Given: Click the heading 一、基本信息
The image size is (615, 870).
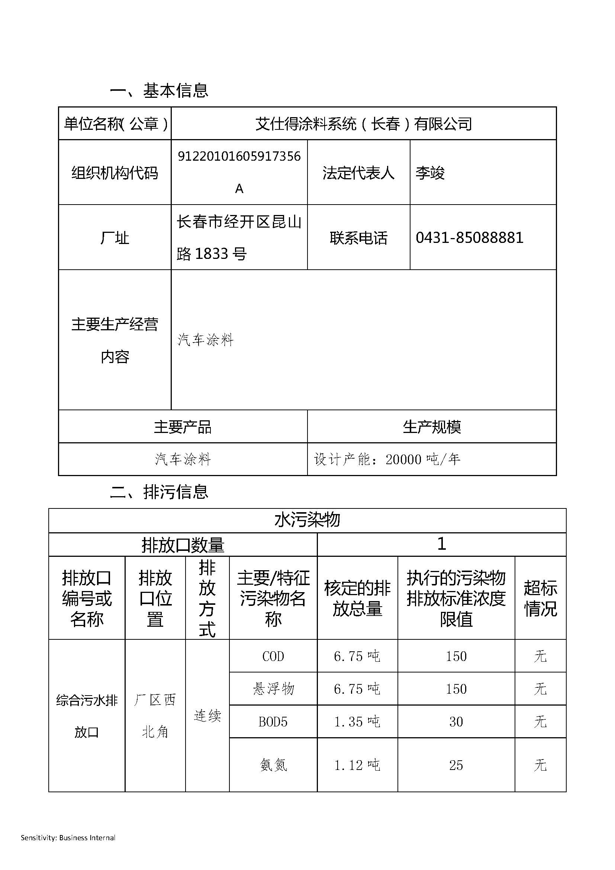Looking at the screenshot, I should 159,90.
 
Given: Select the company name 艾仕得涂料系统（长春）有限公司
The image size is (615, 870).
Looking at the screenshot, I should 364,124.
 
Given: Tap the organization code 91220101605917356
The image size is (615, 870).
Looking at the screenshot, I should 239,157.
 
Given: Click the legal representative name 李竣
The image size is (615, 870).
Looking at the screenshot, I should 430,173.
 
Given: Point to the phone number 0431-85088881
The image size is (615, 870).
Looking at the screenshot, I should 469,238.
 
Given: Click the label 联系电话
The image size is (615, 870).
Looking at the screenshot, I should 358,238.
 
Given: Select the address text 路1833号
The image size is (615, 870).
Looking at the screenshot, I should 212,254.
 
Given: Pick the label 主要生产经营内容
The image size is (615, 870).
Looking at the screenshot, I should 115,340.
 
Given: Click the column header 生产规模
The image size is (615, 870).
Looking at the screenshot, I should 432,427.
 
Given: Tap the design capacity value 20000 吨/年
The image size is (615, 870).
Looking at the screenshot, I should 423,460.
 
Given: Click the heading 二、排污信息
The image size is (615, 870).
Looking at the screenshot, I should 159,492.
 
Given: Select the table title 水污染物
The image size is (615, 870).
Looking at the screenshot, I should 307,520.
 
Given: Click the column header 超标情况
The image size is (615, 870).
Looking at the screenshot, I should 540,599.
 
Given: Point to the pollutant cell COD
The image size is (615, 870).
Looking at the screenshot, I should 273,656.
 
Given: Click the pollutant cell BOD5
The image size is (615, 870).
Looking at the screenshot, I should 273,722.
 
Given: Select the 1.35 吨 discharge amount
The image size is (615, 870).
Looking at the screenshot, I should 357,722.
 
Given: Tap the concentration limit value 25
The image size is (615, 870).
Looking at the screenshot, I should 456,765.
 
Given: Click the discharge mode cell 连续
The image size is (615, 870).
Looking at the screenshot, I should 207,716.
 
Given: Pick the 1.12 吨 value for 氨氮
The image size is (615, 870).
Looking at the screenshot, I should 357,765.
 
